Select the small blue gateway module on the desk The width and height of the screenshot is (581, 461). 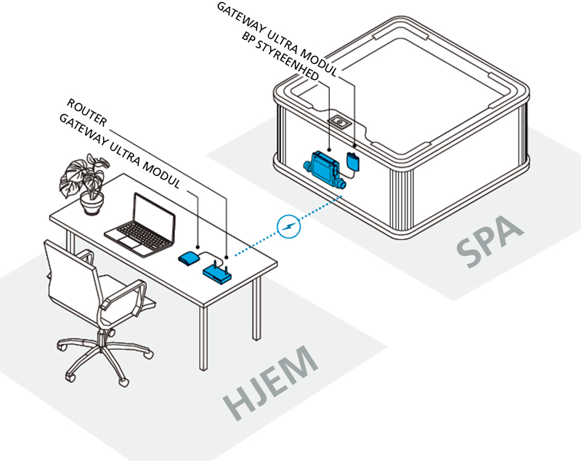pyautogui.click(x=190, y=257)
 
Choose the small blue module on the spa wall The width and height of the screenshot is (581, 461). pyautogui.click(x=354, y=160)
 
